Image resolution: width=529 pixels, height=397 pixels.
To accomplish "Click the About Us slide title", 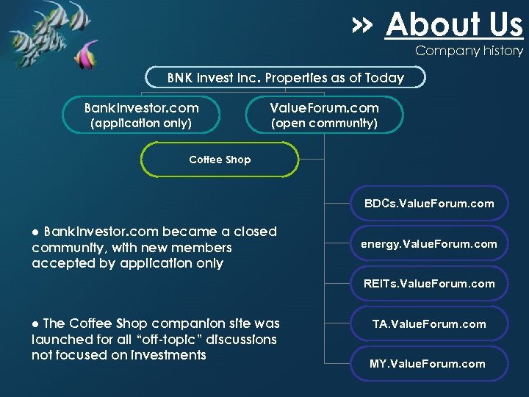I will click(x=453, y=25).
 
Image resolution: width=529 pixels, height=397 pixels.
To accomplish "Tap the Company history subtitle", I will click(x=469, y=51).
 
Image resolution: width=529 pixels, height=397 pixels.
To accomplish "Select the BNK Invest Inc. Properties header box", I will click(x=285, y=77).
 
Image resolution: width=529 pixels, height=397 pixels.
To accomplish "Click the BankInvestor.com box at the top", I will click(x=141, y=114).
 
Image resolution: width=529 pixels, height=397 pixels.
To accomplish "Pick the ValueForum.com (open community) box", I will click(x=324, y=114).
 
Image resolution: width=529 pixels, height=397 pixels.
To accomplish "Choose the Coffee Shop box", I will click(x=220, y=160).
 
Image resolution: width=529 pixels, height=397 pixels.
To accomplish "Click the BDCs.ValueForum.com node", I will click(x=429, y=204).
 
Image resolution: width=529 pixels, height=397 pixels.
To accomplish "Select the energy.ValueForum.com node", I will click(x=429, y=243).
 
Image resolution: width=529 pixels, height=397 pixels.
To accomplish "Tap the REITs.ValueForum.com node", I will click(x=429, y=283).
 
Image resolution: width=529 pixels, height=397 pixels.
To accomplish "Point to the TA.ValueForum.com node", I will click(x=429, y=323).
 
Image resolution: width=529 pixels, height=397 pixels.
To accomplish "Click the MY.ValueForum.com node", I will click(x=429, y=363).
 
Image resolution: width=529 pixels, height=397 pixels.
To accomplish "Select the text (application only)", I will click(x=140, y=124).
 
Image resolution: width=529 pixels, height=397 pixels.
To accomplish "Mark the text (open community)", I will click(x=324, y=124).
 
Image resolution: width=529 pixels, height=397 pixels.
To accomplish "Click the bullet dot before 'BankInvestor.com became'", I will click(x=35, y=232).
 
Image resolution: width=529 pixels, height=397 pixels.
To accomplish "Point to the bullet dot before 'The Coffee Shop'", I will click(x=35, y=324).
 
